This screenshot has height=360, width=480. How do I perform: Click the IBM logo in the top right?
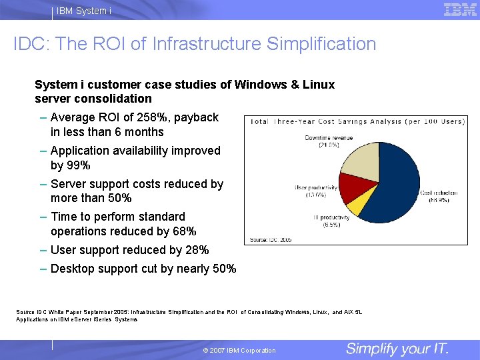[460, 9]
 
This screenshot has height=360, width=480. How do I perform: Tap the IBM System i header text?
[84, 11]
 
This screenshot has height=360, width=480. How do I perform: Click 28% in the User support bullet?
[195, 250]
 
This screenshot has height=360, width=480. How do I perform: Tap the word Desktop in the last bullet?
[71, 269]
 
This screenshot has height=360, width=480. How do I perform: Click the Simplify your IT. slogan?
[397, 349]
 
